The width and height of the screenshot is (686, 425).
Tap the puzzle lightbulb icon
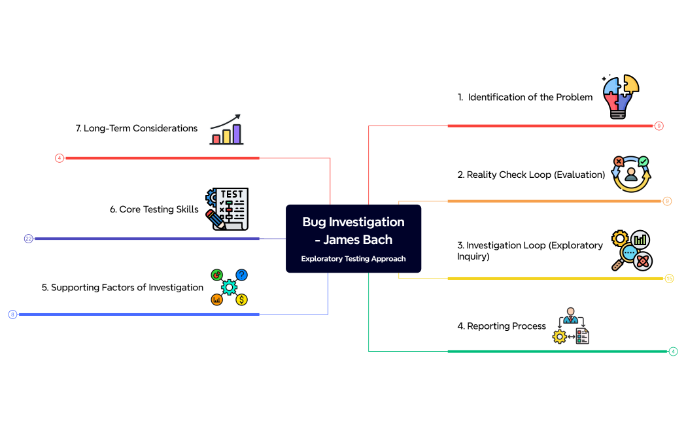click(621, 96)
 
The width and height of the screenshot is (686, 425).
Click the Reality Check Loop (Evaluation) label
click(531, 175)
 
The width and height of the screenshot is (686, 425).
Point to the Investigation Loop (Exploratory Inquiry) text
click(530, 250)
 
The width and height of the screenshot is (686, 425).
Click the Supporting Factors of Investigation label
click(122, 287)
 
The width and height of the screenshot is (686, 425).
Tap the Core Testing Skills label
click(154, 209)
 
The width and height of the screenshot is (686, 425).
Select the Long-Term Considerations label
click(137, 128)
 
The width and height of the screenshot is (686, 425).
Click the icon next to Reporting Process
click(570, 326)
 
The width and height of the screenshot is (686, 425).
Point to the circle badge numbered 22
click(29, 239)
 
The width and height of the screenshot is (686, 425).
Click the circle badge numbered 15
click(669, 279)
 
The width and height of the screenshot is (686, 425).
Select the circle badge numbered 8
click(12, 314)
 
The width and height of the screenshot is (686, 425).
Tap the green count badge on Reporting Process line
click(673, 351)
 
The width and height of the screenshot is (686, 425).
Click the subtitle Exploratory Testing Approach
click(353, 259)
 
